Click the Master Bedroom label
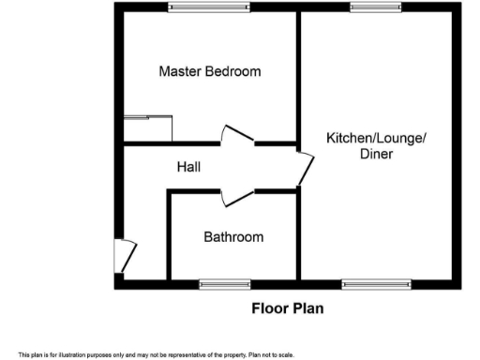[209, 71]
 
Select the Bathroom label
[233, 237]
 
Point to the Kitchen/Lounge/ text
[376, 139]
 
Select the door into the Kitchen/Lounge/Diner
[306, 168]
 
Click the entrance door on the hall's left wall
[125, 254]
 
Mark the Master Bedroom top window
[209, 7]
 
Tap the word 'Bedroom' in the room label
[232, 71]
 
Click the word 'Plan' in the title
[307, 307]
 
